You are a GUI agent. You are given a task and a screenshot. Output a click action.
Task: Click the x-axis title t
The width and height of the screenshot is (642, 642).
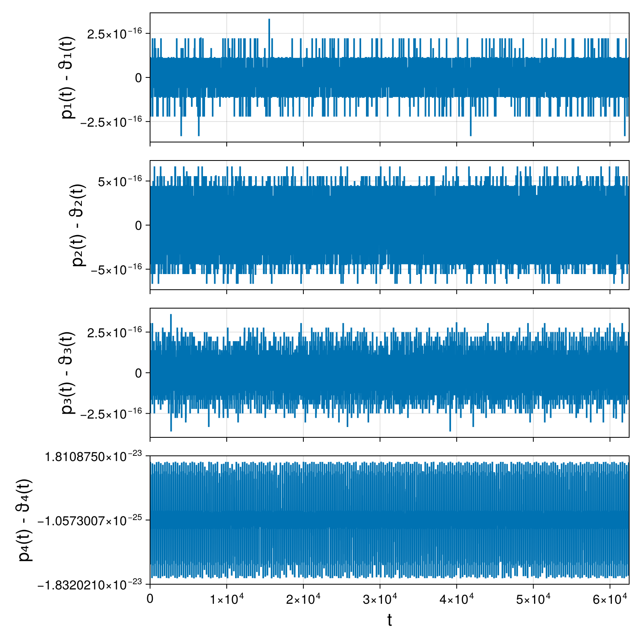point(389,620)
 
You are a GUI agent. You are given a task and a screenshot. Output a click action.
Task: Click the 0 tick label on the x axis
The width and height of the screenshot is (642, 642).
point(150,599)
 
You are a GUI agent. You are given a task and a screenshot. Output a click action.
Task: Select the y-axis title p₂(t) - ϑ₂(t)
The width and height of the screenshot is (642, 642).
point(79,225)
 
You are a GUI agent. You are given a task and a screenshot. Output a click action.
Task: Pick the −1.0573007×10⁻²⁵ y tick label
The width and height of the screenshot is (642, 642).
point(90,520)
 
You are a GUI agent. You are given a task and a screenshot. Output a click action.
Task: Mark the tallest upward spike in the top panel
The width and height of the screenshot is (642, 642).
point(269,19)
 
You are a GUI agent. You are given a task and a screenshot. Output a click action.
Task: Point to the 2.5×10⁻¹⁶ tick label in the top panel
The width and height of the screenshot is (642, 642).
point(115,33)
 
